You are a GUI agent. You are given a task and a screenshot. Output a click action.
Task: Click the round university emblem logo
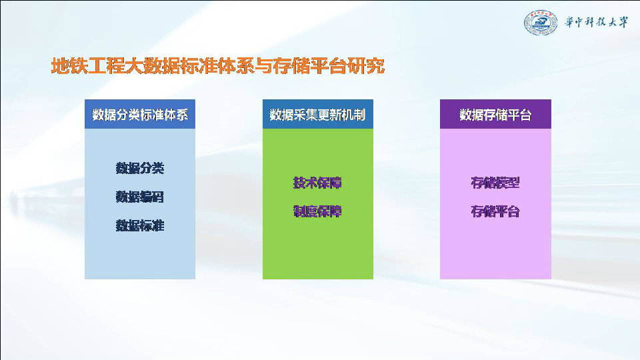(x=541, y=23)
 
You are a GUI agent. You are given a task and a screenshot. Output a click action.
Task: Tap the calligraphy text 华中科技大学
(x=596, y=22)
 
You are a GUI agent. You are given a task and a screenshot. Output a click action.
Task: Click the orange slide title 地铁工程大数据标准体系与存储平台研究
(x=218, y=66)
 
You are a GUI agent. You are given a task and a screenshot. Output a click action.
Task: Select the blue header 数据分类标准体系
(x=140, y=115)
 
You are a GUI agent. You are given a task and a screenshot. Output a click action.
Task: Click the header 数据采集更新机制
(x=317, y=115)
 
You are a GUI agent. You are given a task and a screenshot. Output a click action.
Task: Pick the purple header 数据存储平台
(x=495, y=115)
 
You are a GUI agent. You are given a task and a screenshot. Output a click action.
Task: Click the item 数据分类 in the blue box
(x=140, y=168)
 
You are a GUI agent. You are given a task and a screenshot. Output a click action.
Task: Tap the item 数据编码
(x=140, y=197)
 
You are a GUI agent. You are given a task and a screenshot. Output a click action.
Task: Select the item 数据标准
(x=140, y=225)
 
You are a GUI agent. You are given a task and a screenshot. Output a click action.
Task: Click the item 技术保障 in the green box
(x=317, y=183)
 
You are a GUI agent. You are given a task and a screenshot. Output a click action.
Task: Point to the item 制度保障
(x=317, y=211)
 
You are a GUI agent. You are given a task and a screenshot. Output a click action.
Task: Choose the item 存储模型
(x=495, y=183)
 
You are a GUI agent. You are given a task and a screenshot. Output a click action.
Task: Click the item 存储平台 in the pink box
(x=495, y=211)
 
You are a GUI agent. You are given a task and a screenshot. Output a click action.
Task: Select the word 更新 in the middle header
(x=330, y=115)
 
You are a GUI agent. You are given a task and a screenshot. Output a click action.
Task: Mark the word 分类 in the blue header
(x=128, y=115)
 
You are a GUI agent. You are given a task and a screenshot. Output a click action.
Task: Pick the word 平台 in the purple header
(x=519, y=115)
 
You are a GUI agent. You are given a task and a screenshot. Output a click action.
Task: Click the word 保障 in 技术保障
(x=330, y=183)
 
